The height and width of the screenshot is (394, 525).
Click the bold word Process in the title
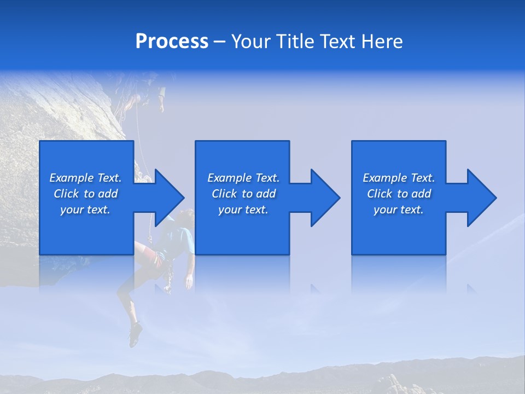[172, 42]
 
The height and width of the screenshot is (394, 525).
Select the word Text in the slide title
[339, 42]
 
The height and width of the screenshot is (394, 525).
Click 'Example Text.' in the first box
[85, 178]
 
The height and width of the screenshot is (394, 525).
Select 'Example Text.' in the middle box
[243, 178]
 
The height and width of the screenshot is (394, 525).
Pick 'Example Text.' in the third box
[399, 178]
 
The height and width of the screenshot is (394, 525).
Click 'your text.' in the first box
[85, 210]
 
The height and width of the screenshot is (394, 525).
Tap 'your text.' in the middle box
[243, 210]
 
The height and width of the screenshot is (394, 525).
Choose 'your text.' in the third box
[399, 210]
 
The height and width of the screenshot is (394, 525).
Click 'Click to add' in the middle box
[243, 194]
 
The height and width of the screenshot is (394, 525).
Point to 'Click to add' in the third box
[399, 194]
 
